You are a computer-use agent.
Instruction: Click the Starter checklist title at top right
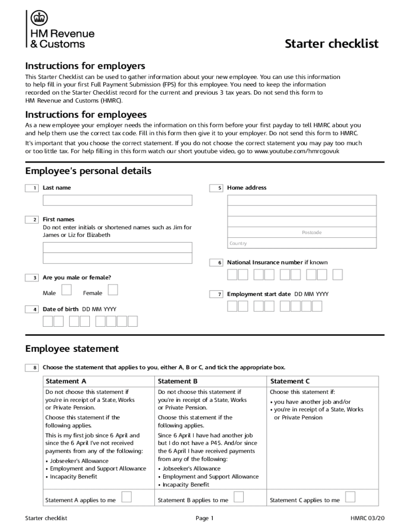pos(331,44)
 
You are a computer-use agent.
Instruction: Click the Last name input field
pos(117,200)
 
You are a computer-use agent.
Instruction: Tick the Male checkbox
pos(66,290)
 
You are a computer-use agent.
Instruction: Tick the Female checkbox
pos(113,290)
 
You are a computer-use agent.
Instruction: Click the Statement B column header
pos(178,381)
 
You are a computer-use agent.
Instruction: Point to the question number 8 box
pos(32,368)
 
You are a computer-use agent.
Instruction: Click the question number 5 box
pos(216,188)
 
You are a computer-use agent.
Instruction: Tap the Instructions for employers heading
pos(85,66)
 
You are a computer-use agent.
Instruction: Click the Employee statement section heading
pos(72,348)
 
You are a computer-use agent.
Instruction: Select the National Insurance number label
pos(277,262)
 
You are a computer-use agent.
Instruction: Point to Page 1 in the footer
pos(205,518)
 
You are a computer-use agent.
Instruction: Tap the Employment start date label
pos(259,294)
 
